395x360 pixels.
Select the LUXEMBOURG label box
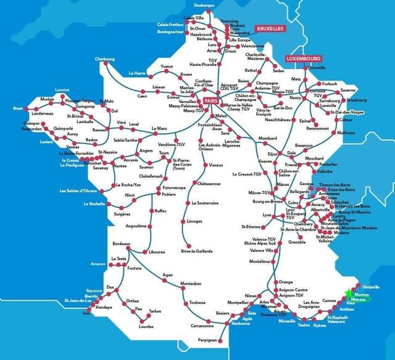(x=302, y=59)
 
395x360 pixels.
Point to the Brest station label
(x=18, y=108)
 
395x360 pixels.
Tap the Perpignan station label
(x=208, y=340)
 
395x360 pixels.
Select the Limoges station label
(x=194, y=221)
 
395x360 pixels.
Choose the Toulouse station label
(x=197, y=303)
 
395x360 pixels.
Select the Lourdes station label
(x=147, y=327)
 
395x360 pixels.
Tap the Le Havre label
(x=136, y=73)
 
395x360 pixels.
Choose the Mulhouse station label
(x=346, y=133)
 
